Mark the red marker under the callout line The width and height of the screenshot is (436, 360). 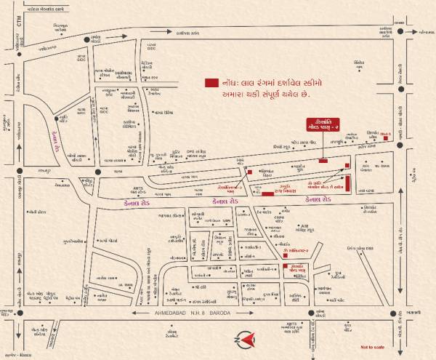click(x=323, y=161)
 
